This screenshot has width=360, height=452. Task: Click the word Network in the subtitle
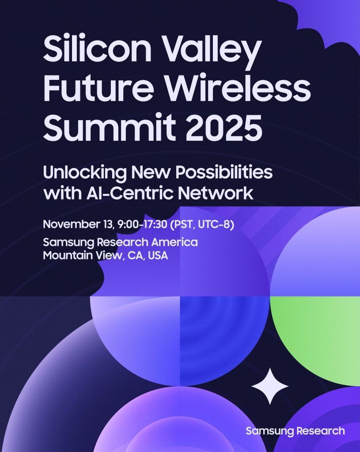click(x=226, y=193)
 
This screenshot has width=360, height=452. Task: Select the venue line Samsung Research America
click(x=120, y=243)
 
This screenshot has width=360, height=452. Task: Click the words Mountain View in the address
click(x=80, y=256)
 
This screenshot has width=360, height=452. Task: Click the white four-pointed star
click(x=270, y=386)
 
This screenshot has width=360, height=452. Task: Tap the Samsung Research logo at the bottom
click(x=295, y=431)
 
